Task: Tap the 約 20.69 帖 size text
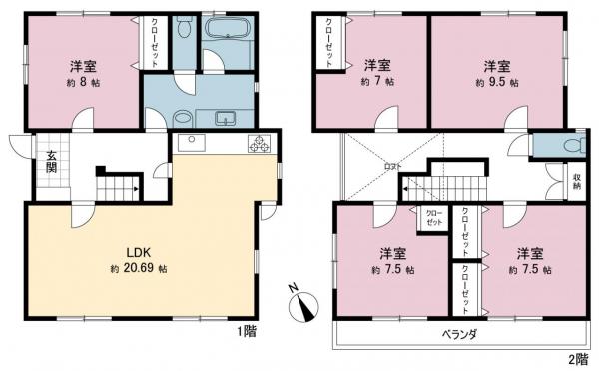pyautogui.click(x=138, y=270)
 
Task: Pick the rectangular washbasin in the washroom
pyautogui.click(x=224, y=116)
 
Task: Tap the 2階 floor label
pyautogui.click(x=578, y=358)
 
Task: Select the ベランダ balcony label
pyautogui.click(x=459, y=334)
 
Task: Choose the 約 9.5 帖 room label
pyautogui.click(x=498, y=81)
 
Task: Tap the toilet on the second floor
pyautogui.click(x=570, y=146)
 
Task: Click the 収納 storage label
pyautogui.click(x=578, y=182)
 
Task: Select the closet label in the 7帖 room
pyautogui.click(x=327, y=43)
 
